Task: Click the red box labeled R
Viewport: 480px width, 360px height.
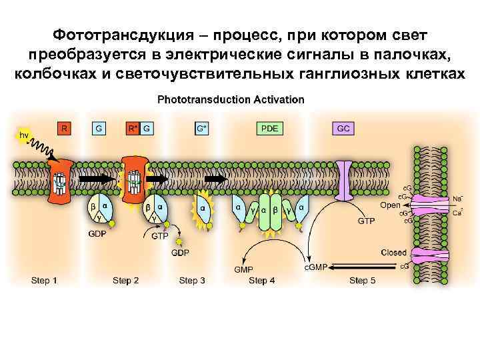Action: pos(63,127)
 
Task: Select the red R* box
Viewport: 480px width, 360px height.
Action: pos(132,127)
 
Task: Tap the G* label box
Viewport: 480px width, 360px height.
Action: pos(201,127)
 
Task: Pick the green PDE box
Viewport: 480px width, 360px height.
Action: pos(270,127)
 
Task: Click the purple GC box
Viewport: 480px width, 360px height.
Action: pos(343,127)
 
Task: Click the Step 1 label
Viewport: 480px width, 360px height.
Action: pos(44,280)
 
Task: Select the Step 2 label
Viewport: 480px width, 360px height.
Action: pos(125,280)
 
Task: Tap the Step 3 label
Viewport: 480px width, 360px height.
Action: pos(192,280)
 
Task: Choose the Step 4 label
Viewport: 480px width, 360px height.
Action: pos(262,280)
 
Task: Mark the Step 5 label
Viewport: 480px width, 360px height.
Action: pos(363,280)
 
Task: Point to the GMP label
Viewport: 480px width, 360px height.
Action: pos(243,270)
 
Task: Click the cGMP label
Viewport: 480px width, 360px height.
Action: pos(315,267)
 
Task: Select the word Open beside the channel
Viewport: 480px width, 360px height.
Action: pos(390,205)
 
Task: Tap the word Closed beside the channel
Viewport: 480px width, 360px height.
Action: pos(393,253)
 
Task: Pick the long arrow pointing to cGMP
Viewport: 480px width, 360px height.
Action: pos(363,267)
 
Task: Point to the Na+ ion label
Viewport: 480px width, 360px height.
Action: pos(457,198)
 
